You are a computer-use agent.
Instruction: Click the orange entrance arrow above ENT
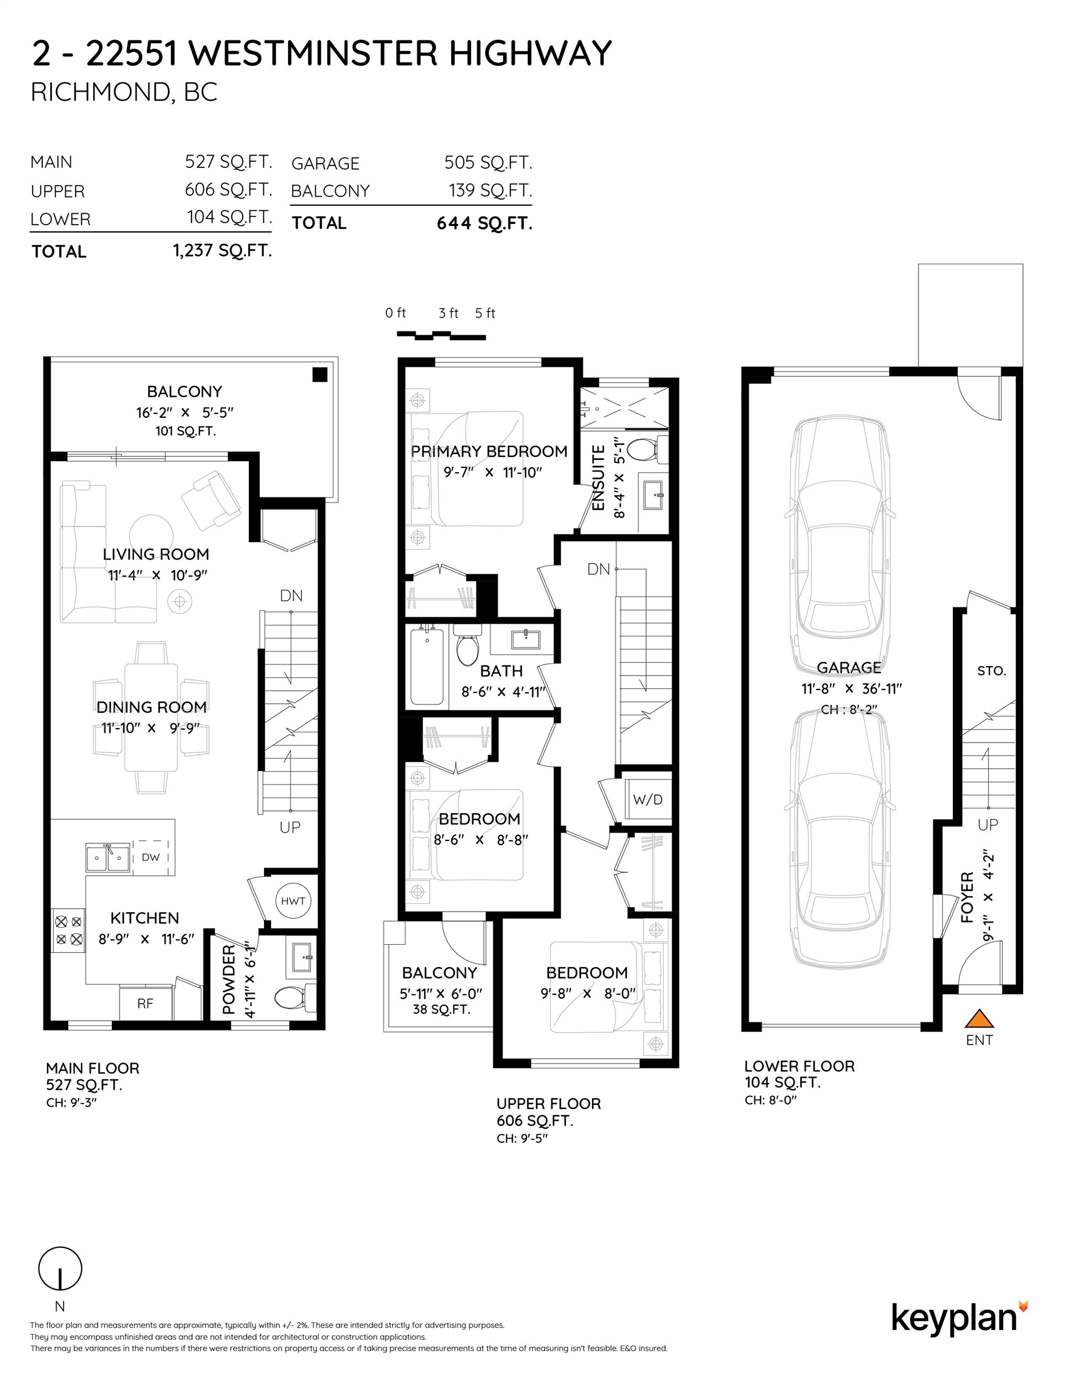click(x=979, y=1018)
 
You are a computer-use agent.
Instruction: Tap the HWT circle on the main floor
click(x=293, y=901)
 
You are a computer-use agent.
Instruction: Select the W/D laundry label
click(x=647, y=799)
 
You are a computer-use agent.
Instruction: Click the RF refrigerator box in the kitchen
click(x=146, y=1004)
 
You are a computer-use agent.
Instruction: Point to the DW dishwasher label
click(x=151, y=857)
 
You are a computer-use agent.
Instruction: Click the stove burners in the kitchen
click(x=68, y=930)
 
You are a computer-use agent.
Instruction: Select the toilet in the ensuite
click(x=643, y=450)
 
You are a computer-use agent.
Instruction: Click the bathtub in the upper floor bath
click(x=427, y=665)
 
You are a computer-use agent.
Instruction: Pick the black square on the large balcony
click(x=319, y=374)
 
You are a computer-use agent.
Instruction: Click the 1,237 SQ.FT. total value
click(x=222, y=251)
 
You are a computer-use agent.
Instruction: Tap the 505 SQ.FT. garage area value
click(x=487, y=162)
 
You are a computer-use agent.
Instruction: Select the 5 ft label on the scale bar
click(x=485, y=313)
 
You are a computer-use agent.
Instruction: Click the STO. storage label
click(x=991, y=671)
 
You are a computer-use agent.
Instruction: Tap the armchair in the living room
click(x=211, y=500)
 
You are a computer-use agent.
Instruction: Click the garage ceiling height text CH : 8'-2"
click(x=849, y=709)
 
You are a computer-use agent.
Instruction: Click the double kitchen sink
click(x=107, y=858)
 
